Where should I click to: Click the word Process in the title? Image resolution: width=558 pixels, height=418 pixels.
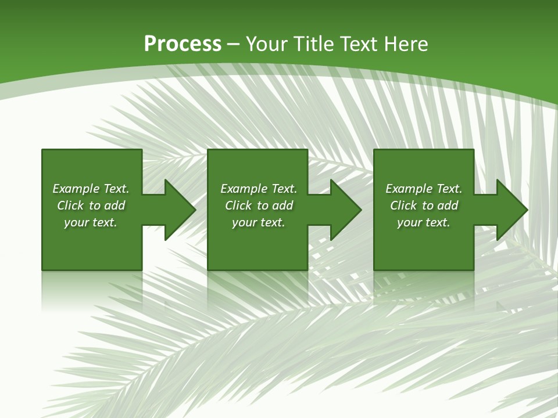[183, 44]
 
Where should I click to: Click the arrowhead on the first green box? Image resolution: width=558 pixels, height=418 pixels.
[177, 210]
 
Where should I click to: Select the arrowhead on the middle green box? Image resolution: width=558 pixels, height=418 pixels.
[343, 210]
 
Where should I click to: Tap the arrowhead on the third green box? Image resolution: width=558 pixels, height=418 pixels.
[509, 210]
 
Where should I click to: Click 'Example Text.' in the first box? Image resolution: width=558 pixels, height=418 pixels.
[91, 189]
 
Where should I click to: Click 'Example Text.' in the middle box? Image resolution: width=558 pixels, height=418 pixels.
[259, 189]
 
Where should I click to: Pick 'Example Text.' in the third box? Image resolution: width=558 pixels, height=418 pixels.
[424, 189]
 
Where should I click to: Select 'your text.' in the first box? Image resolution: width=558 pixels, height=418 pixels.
[91, 222]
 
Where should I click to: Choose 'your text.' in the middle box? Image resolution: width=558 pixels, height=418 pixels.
[259, 222]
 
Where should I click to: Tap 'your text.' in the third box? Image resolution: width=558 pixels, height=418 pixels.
[424, 222]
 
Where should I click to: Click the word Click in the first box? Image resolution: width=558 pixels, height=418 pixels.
[70, 206]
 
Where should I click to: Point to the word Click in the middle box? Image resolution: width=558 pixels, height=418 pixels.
[238, 206]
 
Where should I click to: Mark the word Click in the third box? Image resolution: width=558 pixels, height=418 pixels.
[403, 206]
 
